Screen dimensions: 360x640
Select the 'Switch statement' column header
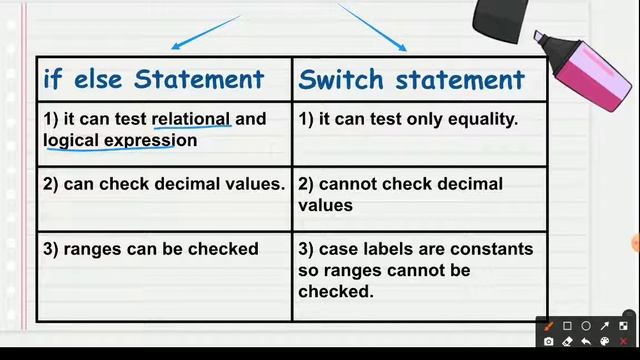pyautogui.click(x=411, y=79)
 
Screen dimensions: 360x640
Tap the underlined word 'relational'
pyautogui.click(x=191, y=119)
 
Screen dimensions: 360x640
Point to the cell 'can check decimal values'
pyautogui.click(x=164, y=184)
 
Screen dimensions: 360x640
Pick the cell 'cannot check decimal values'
pyautogui.click(x=400, y=194)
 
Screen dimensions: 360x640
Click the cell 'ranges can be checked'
pyautogui.click(x=151, y=249)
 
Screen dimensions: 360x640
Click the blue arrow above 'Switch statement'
pyautogui.click(x=373, y=27)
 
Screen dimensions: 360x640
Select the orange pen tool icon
pyautogui.click(x=548, y=326)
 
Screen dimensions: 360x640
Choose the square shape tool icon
pyautogui.click(x=567, y=326)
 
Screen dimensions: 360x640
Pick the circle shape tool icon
pyautogui.click(x=586, y=326)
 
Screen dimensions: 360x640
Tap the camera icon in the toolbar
pyautogui.click(x=548, y=342)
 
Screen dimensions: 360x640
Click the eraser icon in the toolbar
pyautogui.click(x=567, y=342)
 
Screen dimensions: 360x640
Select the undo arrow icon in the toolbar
pyautogui.click(x=586, y=342)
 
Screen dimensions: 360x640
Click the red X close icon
pyautogui.click(x=623, y=342)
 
